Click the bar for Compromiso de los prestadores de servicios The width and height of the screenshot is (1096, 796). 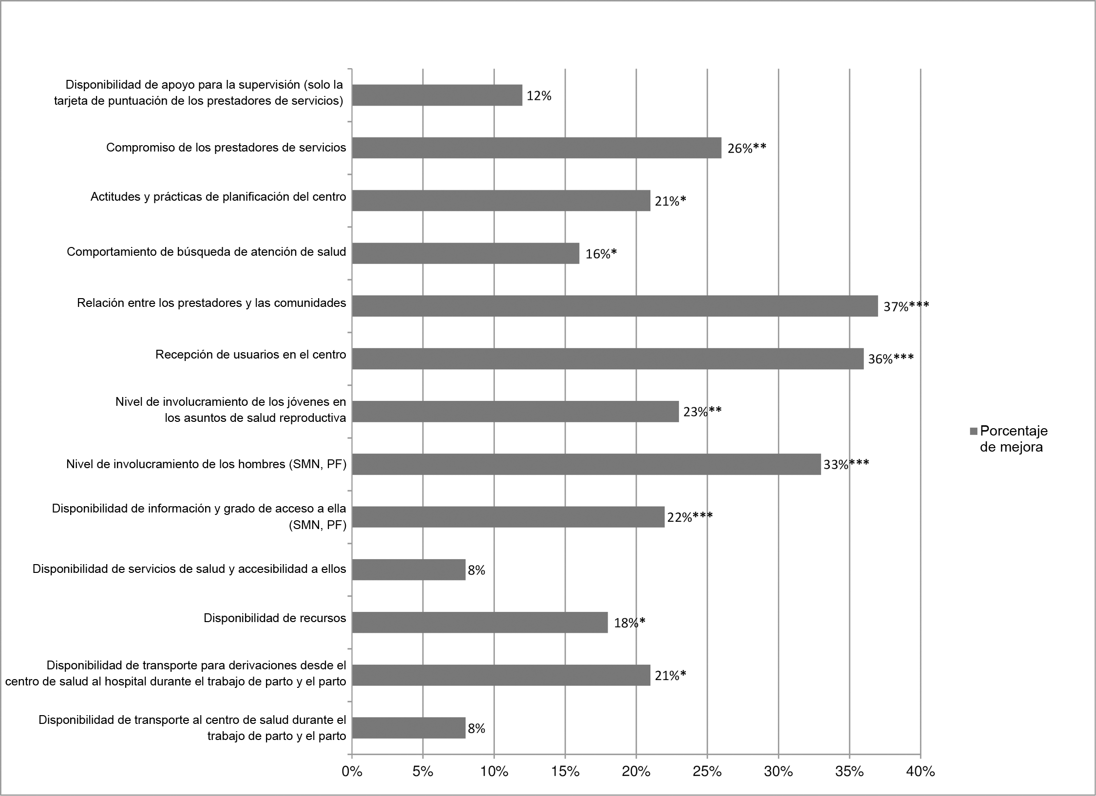click(x=536, y=148)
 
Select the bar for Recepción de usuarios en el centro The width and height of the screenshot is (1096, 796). click(x=607, y=359)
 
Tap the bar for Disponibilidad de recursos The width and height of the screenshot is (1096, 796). click(x=480, y=622)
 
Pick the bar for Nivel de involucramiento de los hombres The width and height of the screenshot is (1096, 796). click(x=586, y=464)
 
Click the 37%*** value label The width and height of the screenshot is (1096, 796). click(x=906, y=306)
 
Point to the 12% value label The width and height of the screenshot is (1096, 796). click(x=539, y=96)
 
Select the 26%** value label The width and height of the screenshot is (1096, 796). click(x=746, y=148)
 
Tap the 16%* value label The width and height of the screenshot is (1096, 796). click(x=601, y=254)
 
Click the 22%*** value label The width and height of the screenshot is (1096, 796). click(x=690, y=517)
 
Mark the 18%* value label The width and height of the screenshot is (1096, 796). click(x=629, y=623)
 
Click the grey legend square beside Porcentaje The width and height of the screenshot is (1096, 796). click(x=973, y=431)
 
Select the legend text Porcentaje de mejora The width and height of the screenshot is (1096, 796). click(x=1013, y=439)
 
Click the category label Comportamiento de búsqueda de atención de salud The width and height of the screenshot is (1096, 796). click(x=206, y=252)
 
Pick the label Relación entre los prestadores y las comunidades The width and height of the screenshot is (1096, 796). click(x=211, y=303)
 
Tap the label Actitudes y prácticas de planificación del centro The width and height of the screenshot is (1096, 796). click(x=218, y=197)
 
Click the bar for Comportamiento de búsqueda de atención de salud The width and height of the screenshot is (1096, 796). click(x=465, y=253)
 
